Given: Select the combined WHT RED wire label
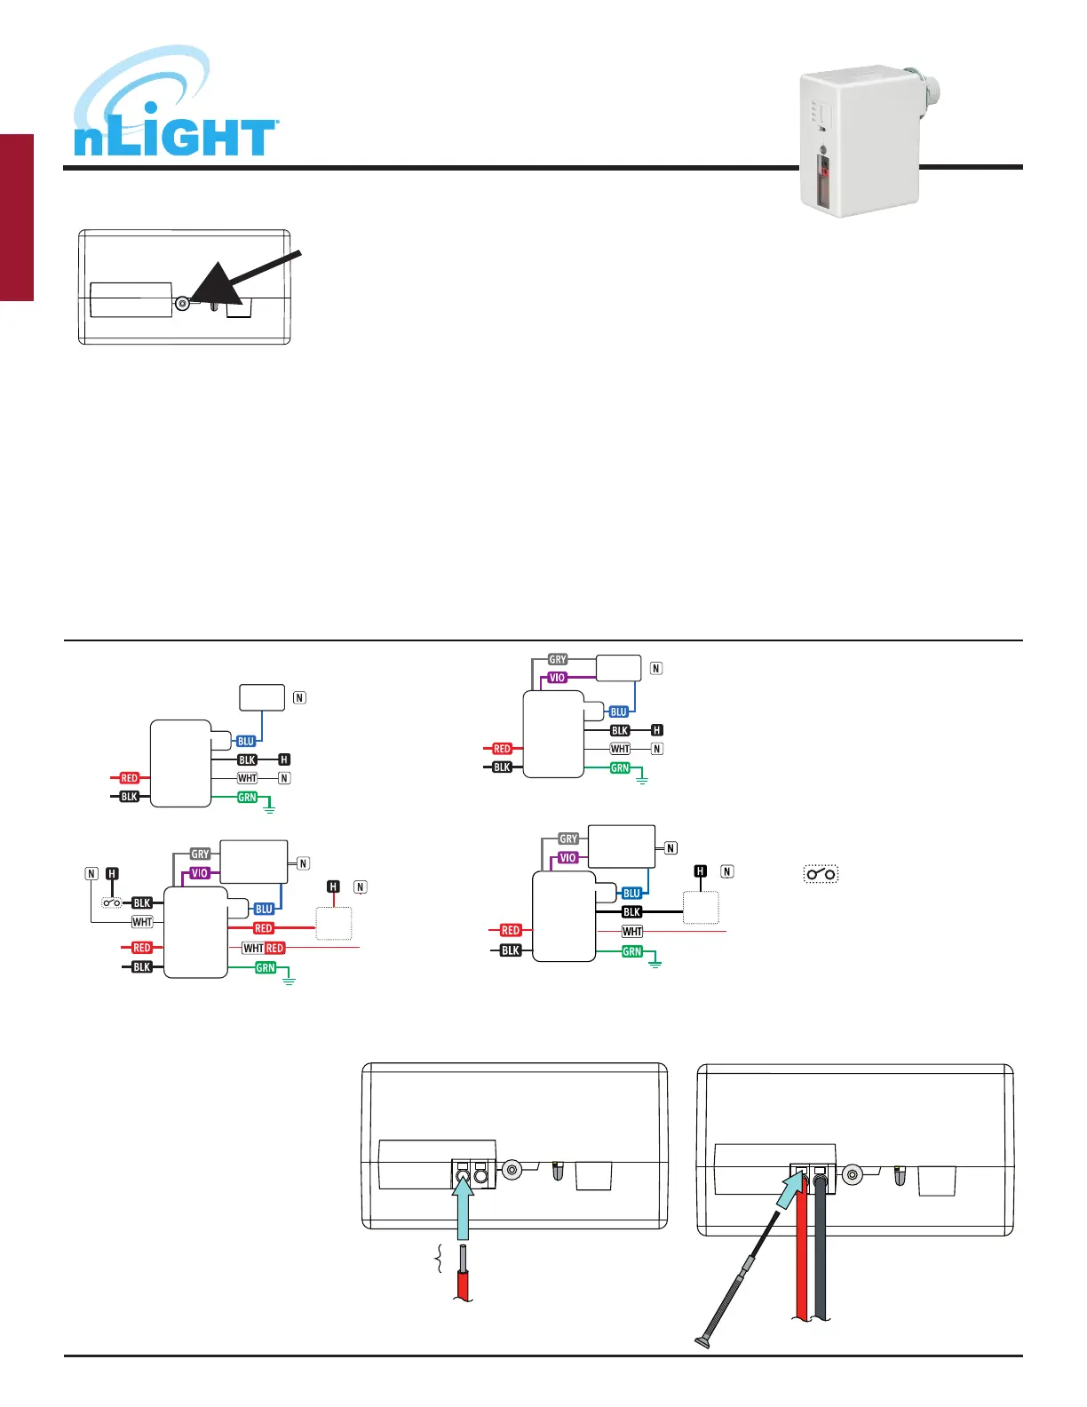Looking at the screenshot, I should (x=264, y=948).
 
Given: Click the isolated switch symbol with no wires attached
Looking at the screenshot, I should (x=821, y=874).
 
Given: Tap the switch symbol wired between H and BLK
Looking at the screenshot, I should (x=112, y=902).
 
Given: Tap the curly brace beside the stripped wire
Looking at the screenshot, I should (x=437, y=1260).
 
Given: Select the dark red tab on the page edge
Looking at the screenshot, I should (x=17, y=218).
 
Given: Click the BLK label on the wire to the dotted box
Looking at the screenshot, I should (x=631, y=911).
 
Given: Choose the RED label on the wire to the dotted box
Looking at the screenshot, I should (x=264, y=928).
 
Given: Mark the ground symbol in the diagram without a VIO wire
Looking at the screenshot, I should (x=269, y=808).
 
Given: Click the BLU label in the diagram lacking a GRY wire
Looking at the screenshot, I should (x=246, y=741).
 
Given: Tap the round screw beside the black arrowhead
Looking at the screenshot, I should (x=183, y=303).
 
